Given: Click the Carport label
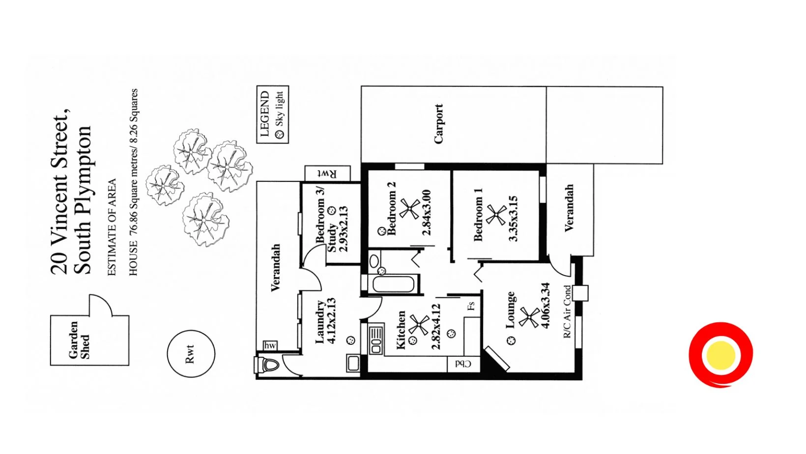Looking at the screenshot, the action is (x=439, y=124).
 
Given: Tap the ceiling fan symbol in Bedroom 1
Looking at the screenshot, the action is (x=496, y=215).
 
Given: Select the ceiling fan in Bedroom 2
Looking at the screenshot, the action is (x=409, y=208).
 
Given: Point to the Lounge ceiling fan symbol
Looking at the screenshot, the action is (x=529, y=317).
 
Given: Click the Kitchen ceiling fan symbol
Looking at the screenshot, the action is (x=419, y=324).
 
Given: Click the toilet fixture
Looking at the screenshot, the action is (x=268, y=365).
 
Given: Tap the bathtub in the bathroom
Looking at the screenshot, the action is (x=393, y=284).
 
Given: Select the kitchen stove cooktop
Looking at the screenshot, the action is (x=376, y=339).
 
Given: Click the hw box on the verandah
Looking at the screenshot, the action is (x=270, y=345).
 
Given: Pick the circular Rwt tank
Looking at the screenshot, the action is (x=191, y=353).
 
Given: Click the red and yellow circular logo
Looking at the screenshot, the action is (x=720, y=354).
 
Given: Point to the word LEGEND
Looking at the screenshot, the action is (x=264, y=114).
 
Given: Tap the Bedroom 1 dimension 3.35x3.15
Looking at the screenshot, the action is (x=513, y=219).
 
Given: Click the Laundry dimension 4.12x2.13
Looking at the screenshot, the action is (x=331, y=321).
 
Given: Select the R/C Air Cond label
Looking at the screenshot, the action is (x=567, y=312).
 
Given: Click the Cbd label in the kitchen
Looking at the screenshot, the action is (x=463, y=364).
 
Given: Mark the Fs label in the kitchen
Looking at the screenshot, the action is (x=471, y=306).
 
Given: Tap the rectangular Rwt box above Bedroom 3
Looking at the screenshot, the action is (x=327, y=173).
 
